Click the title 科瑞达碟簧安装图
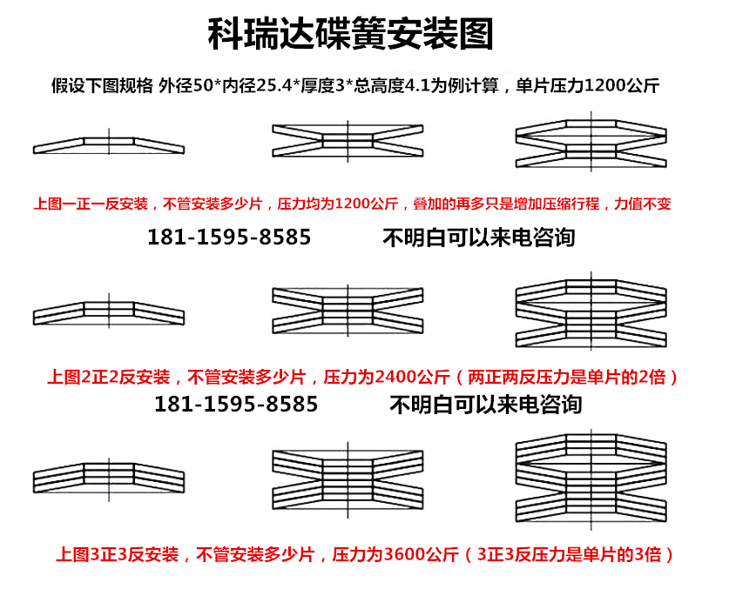pos(350,34)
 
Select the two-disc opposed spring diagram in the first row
pos(348,140)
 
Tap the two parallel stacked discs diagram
pos(109,311)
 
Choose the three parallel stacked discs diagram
pos(109,478)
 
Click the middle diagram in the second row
pos(348,311)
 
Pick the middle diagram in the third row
pos(348,479)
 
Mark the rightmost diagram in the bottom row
pos(591,479)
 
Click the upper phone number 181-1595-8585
pos(229,237)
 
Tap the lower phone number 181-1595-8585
pos(236,405)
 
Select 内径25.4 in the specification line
pos(257,85)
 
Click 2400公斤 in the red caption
pos(412,377)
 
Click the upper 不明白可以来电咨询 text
pos(479,238)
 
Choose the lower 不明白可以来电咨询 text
pos(486,405)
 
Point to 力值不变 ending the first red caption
pos(643,204)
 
